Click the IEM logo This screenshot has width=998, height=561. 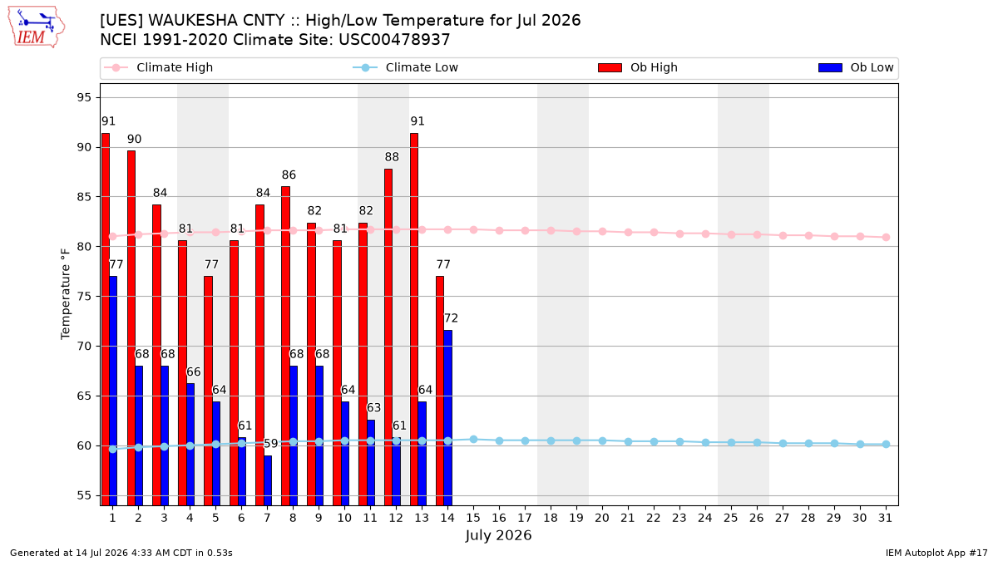(37, 27)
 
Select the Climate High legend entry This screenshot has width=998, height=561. (159, 67)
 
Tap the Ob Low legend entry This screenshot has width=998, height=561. (856, 67)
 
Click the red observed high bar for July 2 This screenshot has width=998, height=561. (131, 328)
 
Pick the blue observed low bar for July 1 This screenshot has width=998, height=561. (113, 391)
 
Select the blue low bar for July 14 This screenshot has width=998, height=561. (447, 417)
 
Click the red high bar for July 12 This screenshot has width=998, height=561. (388, 337)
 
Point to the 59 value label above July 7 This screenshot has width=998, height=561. (271, 444)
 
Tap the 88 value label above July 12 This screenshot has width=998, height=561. (392, 157)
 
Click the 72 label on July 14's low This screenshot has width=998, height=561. (451, 317)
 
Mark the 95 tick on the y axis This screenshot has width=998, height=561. (84, 97)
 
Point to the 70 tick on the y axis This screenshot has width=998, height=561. (84, 346)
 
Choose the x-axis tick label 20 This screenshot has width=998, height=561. (602, 518)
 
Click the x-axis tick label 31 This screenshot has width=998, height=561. (885, 518)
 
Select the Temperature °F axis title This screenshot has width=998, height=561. (66, 294)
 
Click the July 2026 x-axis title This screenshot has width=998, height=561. (498, 535)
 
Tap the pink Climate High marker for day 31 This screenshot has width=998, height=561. (887, 238)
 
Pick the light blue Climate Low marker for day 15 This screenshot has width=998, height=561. (473, 440)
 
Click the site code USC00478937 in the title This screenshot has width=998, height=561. (394, 40)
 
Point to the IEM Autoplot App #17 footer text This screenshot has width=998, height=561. (936, 553)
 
